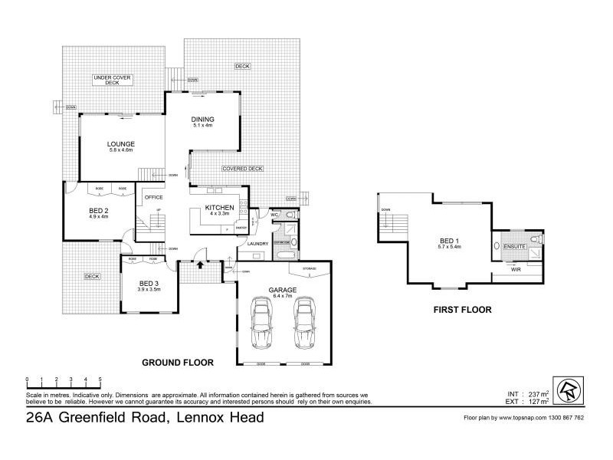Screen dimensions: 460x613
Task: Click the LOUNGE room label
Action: pyautogui.click(x=121, y=144)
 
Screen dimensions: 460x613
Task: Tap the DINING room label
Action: pyautogui.click(x=202, y=120)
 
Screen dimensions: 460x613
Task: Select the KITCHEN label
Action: pyautogui.click(x=218, y=209)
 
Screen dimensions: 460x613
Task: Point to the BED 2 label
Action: pyautogui.click(x=99, y=210)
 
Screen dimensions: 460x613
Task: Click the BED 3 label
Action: pyautogui.click(x=149, y=284)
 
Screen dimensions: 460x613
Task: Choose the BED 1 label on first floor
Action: pyautogui.click(x=447, y=242)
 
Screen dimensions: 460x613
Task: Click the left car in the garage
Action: pyautogui.click(x=263, y=322)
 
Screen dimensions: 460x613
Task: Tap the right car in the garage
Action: pyautogui.click(x=304, y=322)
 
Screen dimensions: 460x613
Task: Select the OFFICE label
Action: pyautogui.click(x=154, y=196)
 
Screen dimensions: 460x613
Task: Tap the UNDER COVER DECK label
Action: pyautogui.click(x=113, y=80)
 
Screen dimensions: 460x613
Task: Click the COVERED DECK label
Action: pyautogui.click(x=242, y=169)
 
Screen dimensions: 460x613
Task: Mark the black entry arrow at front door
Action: pyautogui.click(x=200, y=265)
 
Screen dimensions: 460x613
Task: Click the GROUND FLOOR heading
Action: pyautogui.click(x=177, y=362)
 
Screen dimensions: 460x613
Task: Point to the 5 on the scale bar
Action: pyautogui.click(x=100, y=379)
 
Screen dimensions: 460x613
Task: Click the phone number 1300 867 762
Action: pyautogui.click(x=564, y=418)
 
